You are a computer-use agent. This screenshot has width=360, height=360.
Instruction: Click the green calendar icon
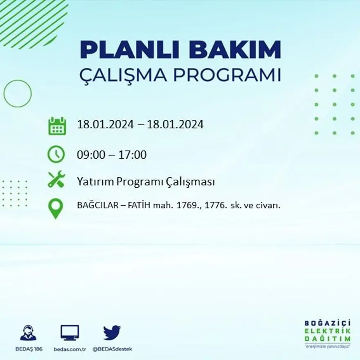(57, 126)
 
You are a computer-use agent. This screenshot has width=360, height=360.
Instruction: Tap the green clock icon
(56, 154)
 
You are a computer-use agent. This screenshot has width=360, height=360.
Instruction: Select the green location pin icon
(56, 208)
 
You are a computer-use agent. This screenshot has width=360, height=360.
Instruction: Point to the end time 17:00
(133, 155)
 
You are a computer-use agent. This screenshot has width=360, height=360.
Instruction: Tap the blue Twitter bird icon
(112, 333)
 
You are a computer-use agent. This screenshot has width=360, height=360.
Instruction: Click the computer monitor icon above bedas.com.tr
(70, 333)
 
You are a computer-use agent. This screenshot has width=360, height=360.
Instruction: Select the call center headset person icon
(28, 333)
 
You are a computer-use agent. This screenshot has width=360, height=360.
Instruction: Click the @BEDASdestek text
(112, 349)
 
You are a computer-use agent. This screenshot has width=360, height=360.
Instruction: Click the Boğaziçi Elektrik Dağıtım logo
(327, 333)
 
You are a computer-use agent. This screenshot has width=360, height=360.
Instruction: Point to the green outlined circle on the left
(18, 94)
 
